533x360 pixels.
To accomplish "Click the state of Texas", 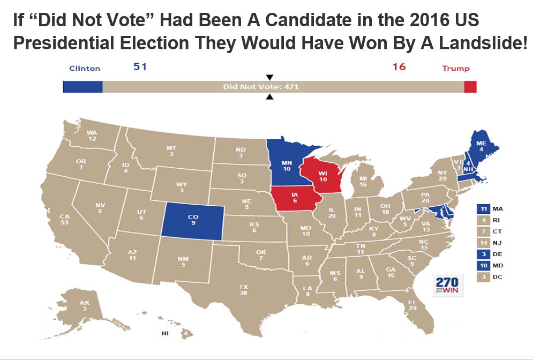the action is tap(244, 289).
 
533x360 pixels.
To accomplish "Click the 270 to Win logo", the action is tap(448, 286).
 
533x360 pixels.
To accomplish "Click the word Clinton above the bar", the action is tap(85, 69).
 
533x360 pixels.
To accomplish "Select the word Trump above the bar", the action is tap(455, 69).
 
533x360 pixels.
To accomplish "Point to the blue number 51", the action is tap(139, 67).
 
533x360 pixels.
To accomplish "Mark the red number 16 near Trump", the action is tap(399, 67).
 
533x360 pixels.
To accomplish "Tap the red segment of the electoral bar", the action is tap(470, 87).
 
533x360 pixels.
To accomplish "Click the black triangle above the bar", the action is tap(270, 77).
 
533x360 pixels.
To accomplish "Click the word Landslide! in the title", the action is tap(476, 44).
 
